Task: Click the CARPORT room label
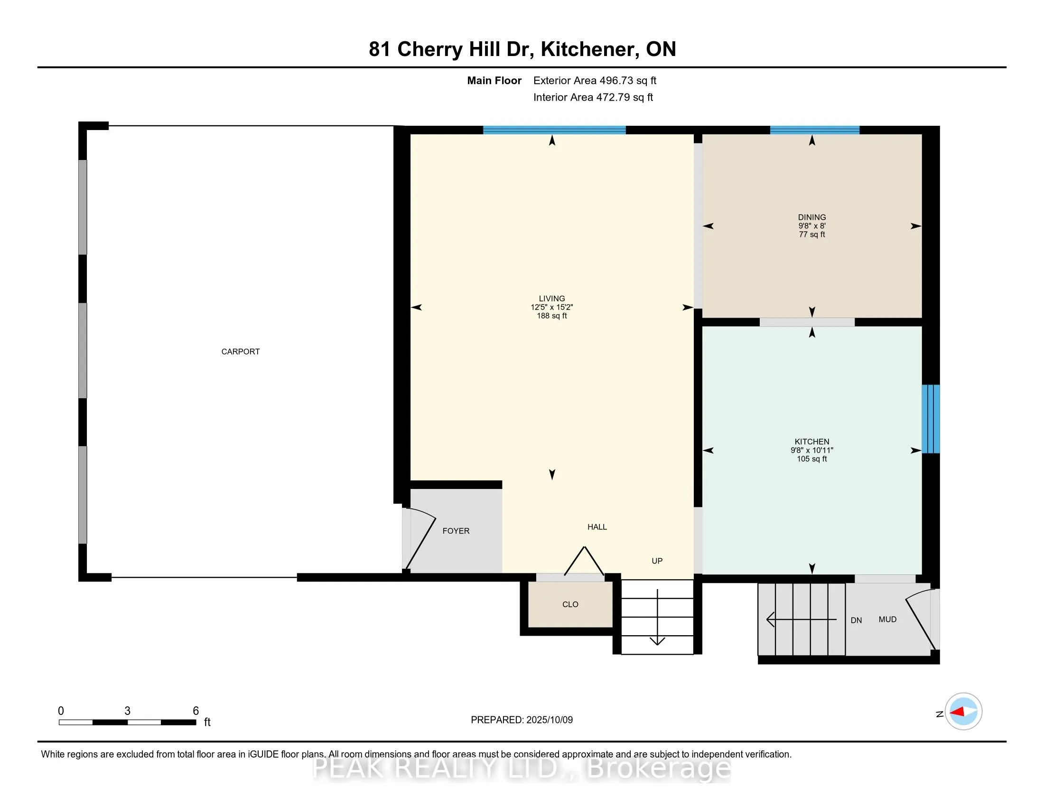click(x=241, y=351)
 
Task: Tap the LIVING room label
click(x=551, y=298)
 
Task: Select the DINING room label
click(x=811, y=217)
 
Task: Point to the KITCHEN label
click(x=811, y=441)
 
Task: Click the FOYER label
click(x=456, y=531)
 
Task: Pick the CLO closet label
click(x=570, y=604)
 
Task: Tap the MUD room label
click(x=887, y=619)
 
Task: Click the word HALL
click(x=597, y=527)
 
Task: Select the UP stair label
click(x=657, y=561)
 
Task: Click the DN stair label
click(x=856, y=620)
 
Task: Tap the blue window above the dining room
click(x=814, y=130)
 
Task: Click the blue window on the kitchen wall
click(x=931, y=419)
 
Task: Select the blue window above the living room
click(x=554, y=130)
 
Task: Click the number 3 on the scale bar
click(x=127, y=711)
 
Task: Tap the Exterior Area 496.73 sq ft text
click(x=595, y=80)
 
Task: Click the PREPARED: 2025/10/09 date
click(x=522, y=720)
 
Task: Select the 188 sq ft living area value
click(x=551, y=316)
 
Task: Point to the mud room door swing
click(x=921, y=619)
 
